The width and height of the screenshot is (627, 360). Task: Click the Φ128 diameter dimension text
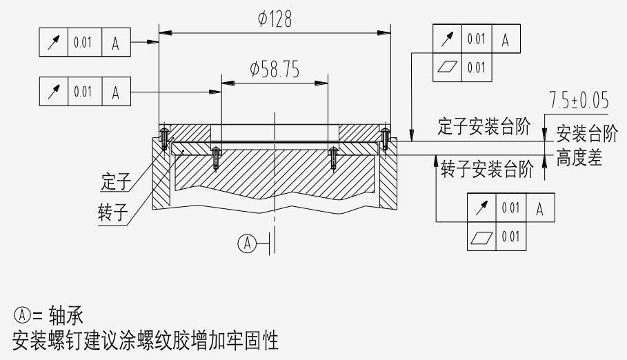coord(275,19)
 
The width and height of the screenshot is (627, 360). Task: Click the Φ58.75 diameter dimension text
coord(275,70)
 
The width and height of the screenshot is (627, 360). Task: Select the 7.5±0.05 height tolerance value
coord(579,101)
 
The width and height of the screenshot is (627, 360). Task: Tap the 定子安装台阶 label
coord(484,126)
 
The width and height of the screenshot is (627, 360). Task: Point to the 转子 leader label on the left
coord(114,212)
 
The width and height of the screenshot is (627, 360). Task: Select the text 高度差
coord(579,159)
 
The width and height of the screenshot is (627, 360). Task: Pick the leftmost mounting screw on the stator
coord(164,138)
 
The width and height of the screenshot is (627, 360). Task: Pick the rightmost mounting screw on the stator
coord(384,138)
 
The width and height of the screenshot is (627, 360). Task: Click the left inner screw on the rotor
coord(216,158)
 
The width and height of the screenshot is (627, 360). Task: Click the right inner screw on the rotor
coord(334,158)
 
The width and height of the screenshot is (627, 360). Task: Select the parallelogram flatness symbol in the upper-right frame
coord(448,67)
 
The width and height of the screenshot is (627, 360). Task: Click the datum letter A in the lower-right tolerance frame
coord(540,208)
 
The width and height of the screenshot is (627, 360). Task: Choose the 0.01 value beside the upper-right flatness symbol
coord(476,67)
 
